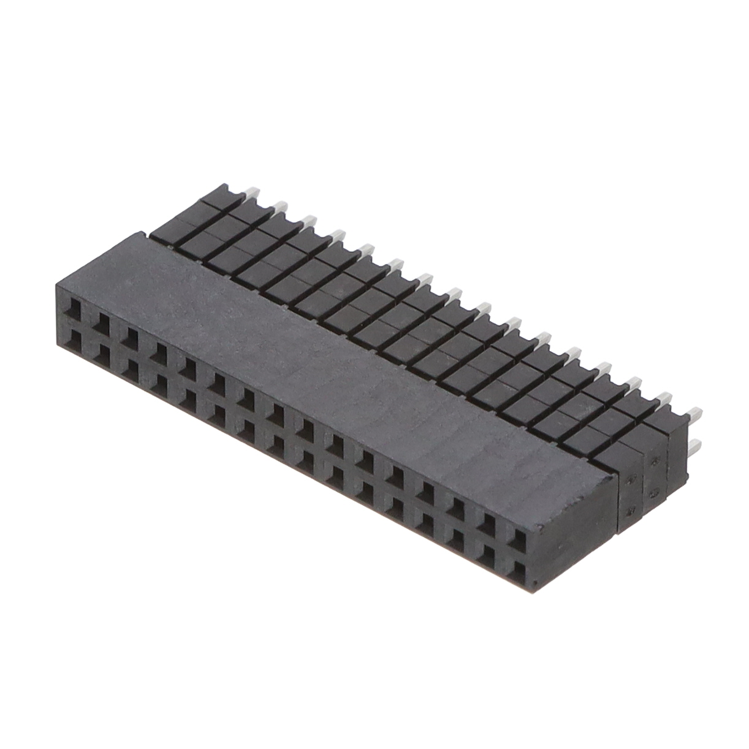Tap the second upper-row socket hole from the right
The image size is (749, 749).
[489, 526]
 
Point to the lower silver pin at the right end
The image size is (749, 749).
[694, 446]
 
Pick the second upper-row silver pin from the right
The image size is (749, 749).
[664, 398]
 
